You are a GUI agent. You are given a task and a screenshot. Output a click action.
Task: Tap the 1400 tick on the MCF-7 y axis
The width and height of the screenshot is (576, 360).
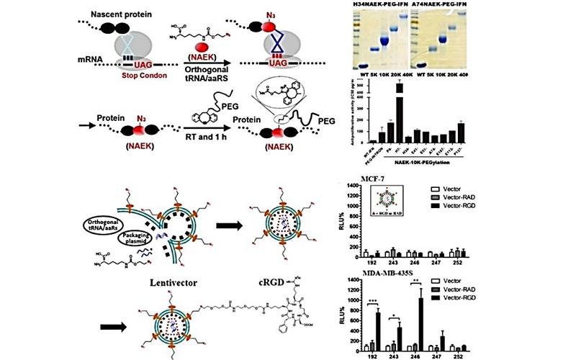pos(351,187)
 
